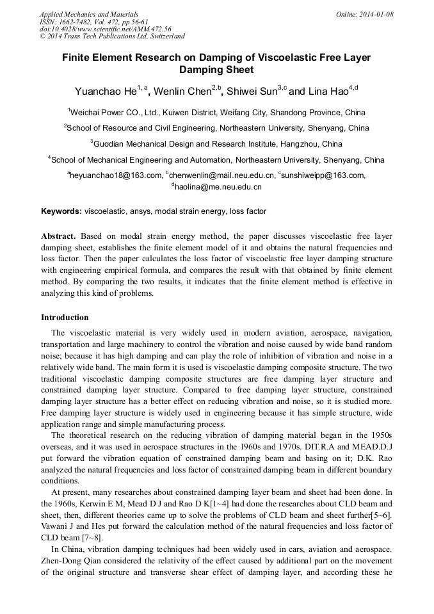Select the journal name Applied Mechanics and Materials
[89, 14]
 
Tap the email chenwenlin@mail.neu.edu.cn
[221, 175]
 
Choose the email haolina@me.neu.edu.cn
[218, 188]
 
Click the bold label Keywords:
[61, 211]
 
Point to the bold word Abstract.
[58, 236]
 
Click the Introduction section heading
[65, 317]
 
